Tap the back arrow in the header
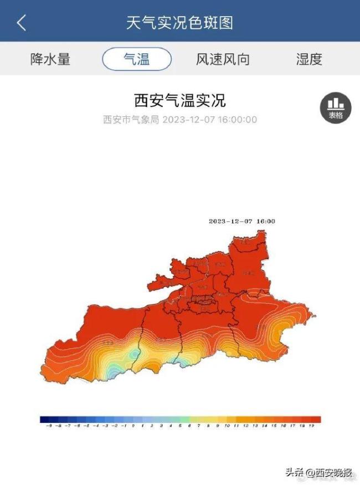click(22, 23)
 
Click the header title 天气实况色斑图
click(179, 23)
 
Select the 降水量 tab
click(50, 59)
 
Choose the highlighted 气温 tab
click(137, 59)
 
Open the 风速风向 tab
click(222, 59)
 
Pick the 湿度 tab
click(309, 59)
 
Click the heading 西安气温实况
click(180, 100)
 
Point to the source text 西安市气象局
click(131, 120)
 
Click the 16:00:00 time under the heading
click(238, 120)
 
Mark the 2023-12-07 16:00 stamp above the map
click(241, 221)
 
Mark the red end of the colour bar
click(317, 419)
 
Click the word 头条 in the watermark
click(293, 472)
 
